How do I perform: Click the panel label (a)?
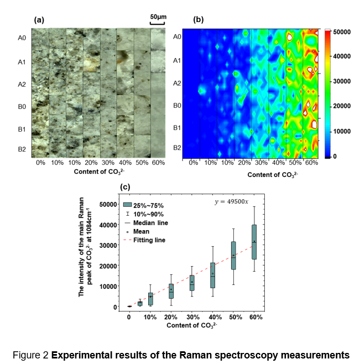pyautogui.click(x=39, y=19)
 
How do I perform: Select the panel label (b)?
pyautogui.click(x=199, y=19)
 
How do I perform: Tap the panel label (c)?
pyautogui.click(x=126, y=186)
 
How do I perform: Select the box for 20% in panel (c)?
pyautogui.click(x=171, y=290)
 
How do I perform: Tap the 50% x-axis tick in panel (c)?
pyautogui.click(x=233, y=317)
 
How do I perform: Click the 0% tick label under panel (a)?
pyautogui.click(x=40, y=164)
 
